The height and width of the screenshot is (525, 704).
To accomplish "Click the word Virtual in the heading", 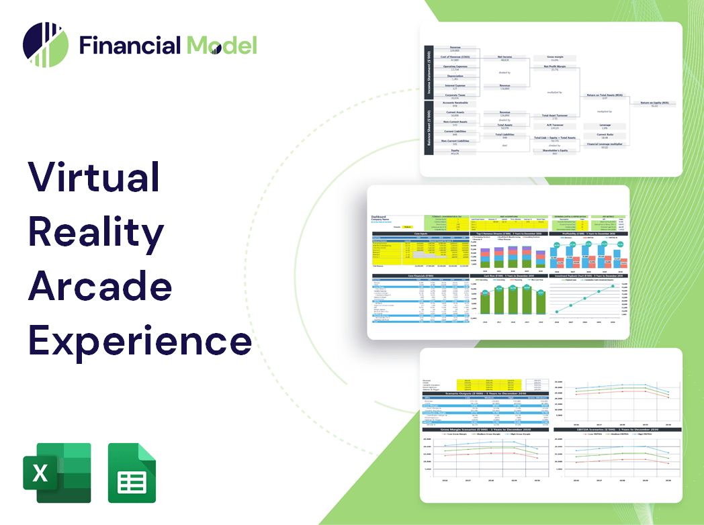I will pos(93,178).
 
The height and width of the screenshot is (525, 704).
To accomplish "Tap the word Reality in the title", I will pos(96,232).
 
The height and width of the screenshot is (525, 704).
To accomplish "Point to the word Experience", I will pos(139,340).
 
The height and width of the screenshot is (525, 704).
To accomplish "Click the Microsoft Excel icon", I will pos(56,473).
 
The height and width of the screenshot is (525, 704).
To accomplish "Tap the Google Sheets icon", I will pos(132,473).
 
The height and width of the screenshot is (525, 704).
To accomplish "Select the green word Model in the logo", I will pos(222,45).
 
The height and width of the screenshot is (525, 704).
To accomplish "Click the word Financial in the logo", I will pos(130,45).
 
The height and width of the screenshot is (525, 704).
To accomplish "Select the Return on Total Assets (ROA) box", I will pos(603,96).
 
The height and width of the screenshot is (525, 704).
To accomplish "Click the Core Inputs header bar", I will pos(421,234).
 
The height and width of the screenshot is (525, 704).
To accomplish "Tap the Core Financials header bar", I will pos(421,275).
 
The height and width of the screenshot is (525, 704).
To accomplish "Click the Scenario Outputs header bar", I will pos(484,393).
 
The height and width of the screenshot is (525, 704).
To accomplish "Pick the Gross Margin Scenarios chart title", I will pos(484,429).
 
